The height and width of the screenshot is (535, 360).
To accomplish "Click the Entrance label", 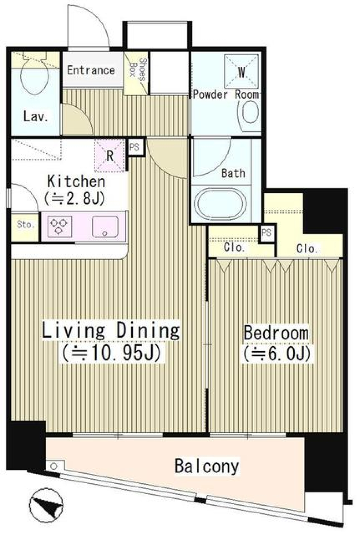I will coord(91,70).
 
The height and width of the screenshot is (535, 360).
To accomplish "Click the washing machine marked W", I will coord(241,72).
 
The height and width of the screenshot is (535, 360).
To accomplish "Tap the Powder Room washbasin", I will coord(249,113).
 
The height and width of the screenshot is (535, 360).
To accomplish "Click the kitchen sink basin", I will coord(105,227).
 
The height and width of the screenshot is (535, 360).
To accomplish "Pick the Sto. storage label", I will coord(25,225).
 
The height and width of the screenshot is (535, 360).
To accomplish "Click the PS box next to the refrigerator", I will coord(134,147).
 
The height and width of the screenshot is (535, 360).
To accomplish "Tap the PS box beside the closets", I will coord(266,233).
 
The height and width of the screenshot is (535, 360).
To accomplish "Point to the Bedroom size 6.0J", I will coord(276,354).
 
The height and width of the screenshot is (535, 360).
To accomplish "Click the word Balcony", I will coord(206,466).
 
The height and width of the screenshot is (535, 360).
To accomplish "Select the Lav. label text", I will coord(36,117).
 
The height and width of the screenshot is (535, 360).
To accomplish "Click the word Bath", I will coord(233,173).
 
